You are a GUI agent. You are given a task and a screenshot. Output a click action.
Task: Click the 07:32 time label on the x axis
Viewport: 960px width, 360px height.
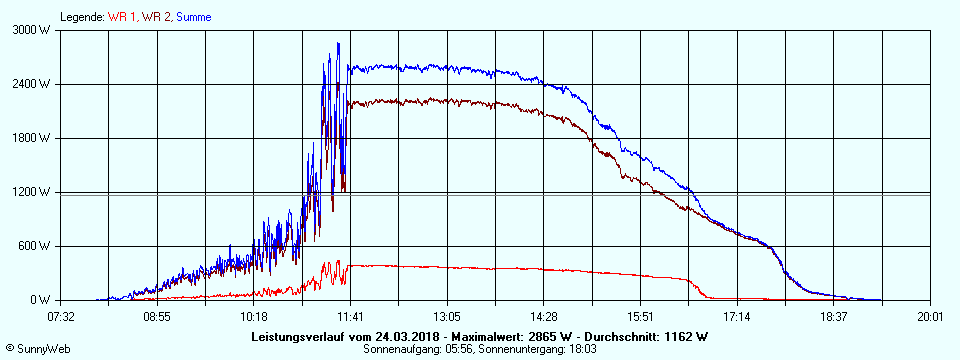[x=61, y=316]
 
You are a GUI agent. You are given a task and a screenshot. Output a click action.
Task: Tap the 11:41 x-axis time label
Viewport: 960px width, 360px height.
[x=350, y=316]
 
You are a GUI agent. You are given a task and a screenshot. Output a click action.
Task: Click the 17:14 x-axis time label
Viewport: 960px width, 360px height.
[x=737, y=316]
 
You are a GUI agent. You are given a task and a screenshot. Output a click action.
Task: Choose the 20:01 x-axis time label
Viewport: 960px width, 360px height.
[x=930, y=316]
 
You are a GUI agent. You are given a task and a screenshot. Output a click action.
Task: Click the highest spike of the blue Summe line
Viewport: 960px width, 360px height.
[x=338, y=44]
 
